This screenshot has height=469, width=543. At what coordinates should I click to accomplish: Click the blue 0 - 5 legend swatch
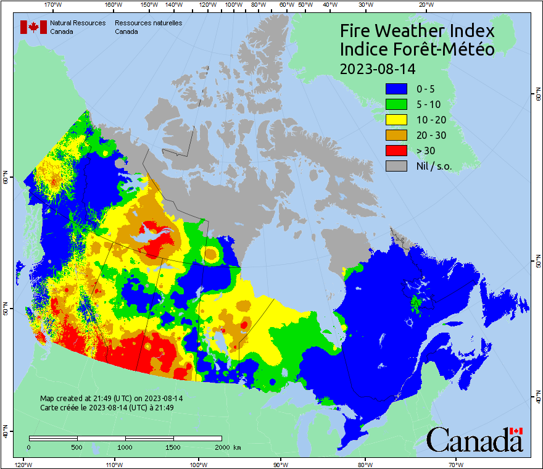point(396,89)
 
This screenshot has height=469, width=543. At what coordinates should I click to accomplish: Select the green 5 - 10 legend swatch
point(396,104)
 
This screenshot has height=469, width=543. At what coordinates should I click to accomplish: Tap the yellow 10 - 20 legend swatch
point(396,120)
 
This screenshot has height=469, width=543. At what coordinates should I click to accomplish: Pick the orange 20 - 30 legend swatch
point(396,135)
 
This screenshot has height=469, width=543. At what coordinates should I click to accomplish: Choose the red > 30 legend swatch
point(396,151)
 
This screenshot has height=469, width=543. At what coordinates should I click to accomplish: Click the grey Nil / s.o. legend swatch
point(396,166)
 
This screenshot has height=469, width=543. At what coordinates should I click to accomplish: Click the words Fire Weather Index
point(417,31)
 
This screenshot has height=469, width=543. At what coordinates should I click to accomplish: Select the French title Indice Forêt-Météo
point(417,49)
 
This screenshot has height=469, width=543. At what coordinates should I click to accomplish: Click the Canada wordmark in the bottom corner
point(475,440)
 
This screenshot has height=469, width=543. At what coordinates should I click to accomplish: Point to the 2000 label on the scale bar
point(222,447)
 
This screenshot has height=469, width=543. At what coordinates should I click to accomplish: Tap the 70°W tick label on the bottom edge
point(456,464)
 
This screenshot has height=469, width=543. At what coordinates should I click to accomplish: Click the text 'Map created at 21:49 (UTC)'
point(86,399)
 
